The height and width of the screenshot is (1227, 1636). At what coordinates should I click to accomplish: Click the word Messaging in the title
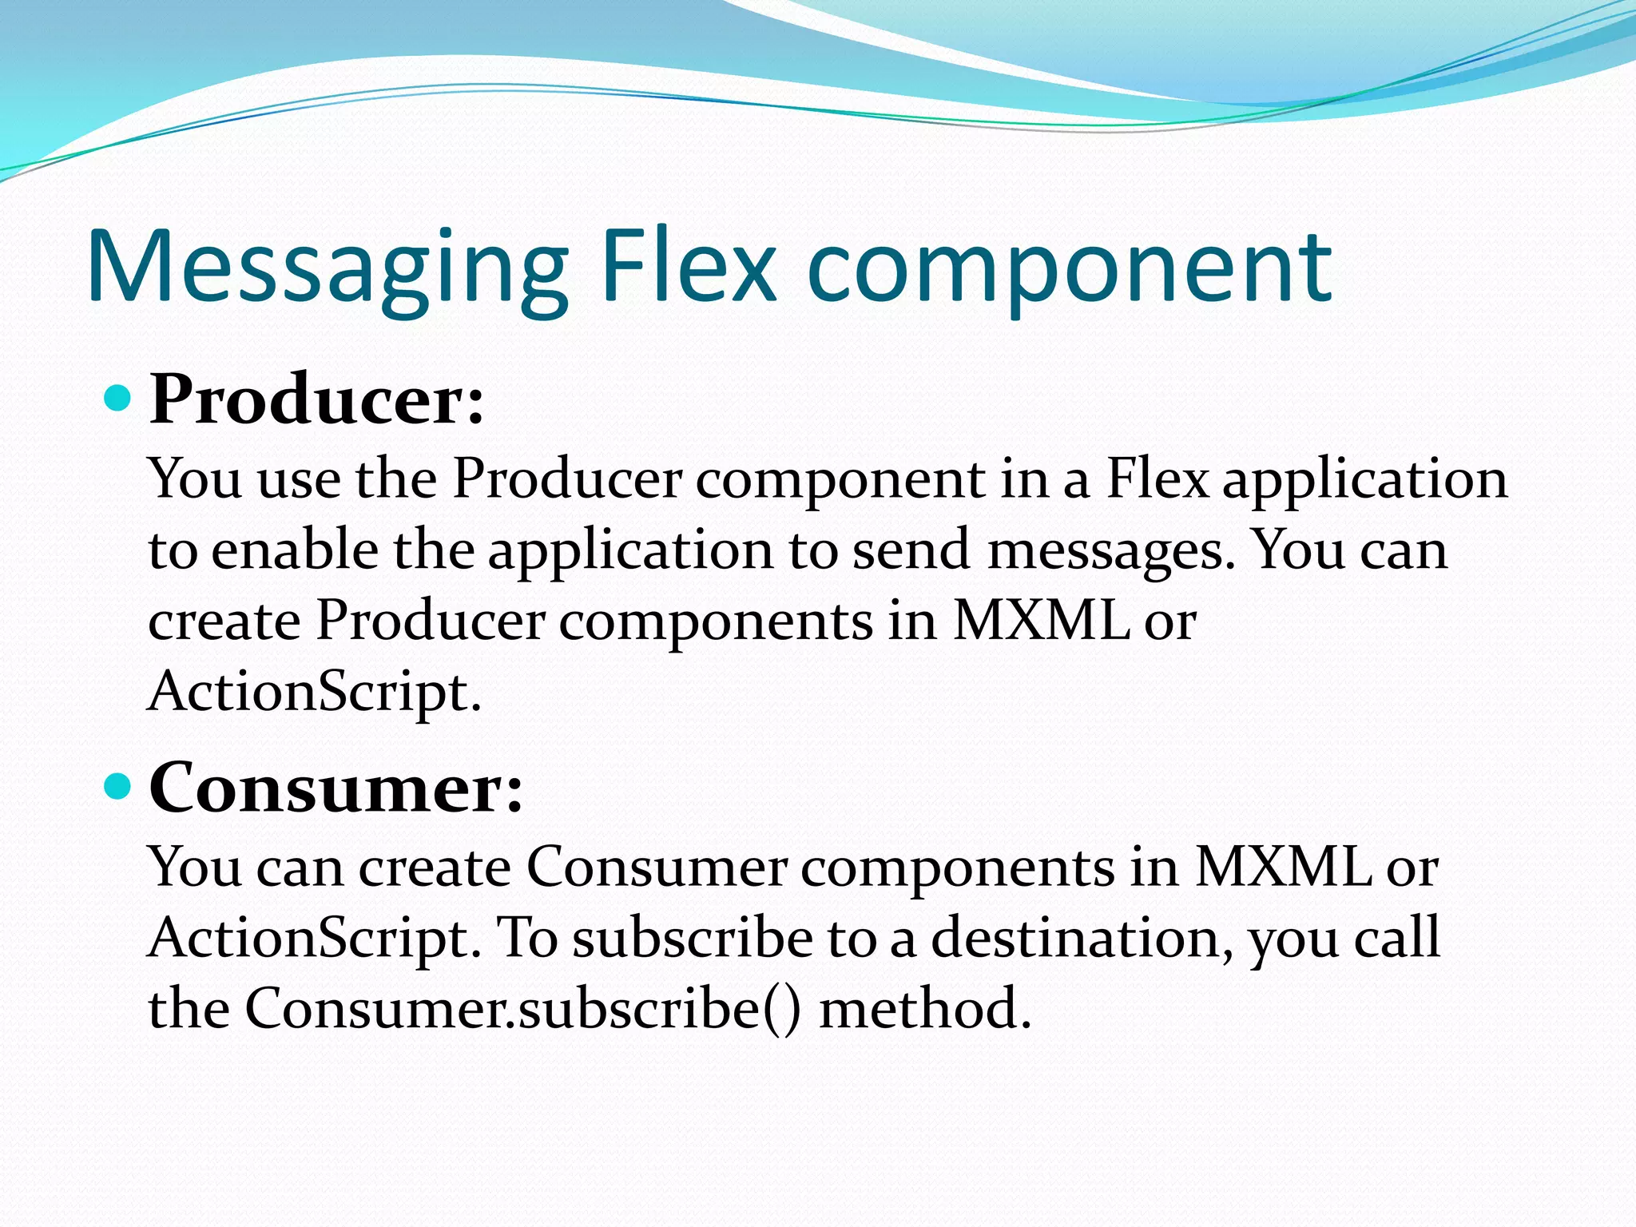[x=328, y=268]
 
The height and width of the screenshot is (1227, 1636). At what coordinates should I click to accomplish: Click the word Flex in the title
[x=688, y=268]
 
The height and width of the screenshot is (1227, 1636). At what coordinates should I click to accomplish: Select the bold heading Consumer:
[x=336, y=788]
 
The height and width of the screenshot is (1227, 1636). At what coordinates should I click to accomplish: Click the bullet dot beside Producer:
[x=117, y=397]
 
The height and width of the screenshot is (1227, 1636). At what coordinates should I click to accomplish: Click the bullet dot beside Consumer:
[x=117, y=787]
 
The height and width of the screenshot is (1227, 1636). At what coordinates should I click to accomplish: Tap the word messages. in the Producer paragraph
[x=1111, y=551]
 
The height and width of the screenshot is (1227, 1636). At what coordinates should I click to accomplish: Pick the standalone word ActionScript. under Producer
[x=315, y=692]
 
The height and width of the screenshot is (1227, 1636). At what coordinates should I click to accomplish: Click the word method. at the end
[x=926, y=1009]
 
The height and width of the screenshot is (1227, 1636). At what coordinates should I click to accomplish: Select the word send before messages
[x=911, y=551]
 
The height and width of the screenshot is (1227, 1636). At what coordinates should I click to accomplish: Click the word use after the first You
[x=299, y=480]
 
